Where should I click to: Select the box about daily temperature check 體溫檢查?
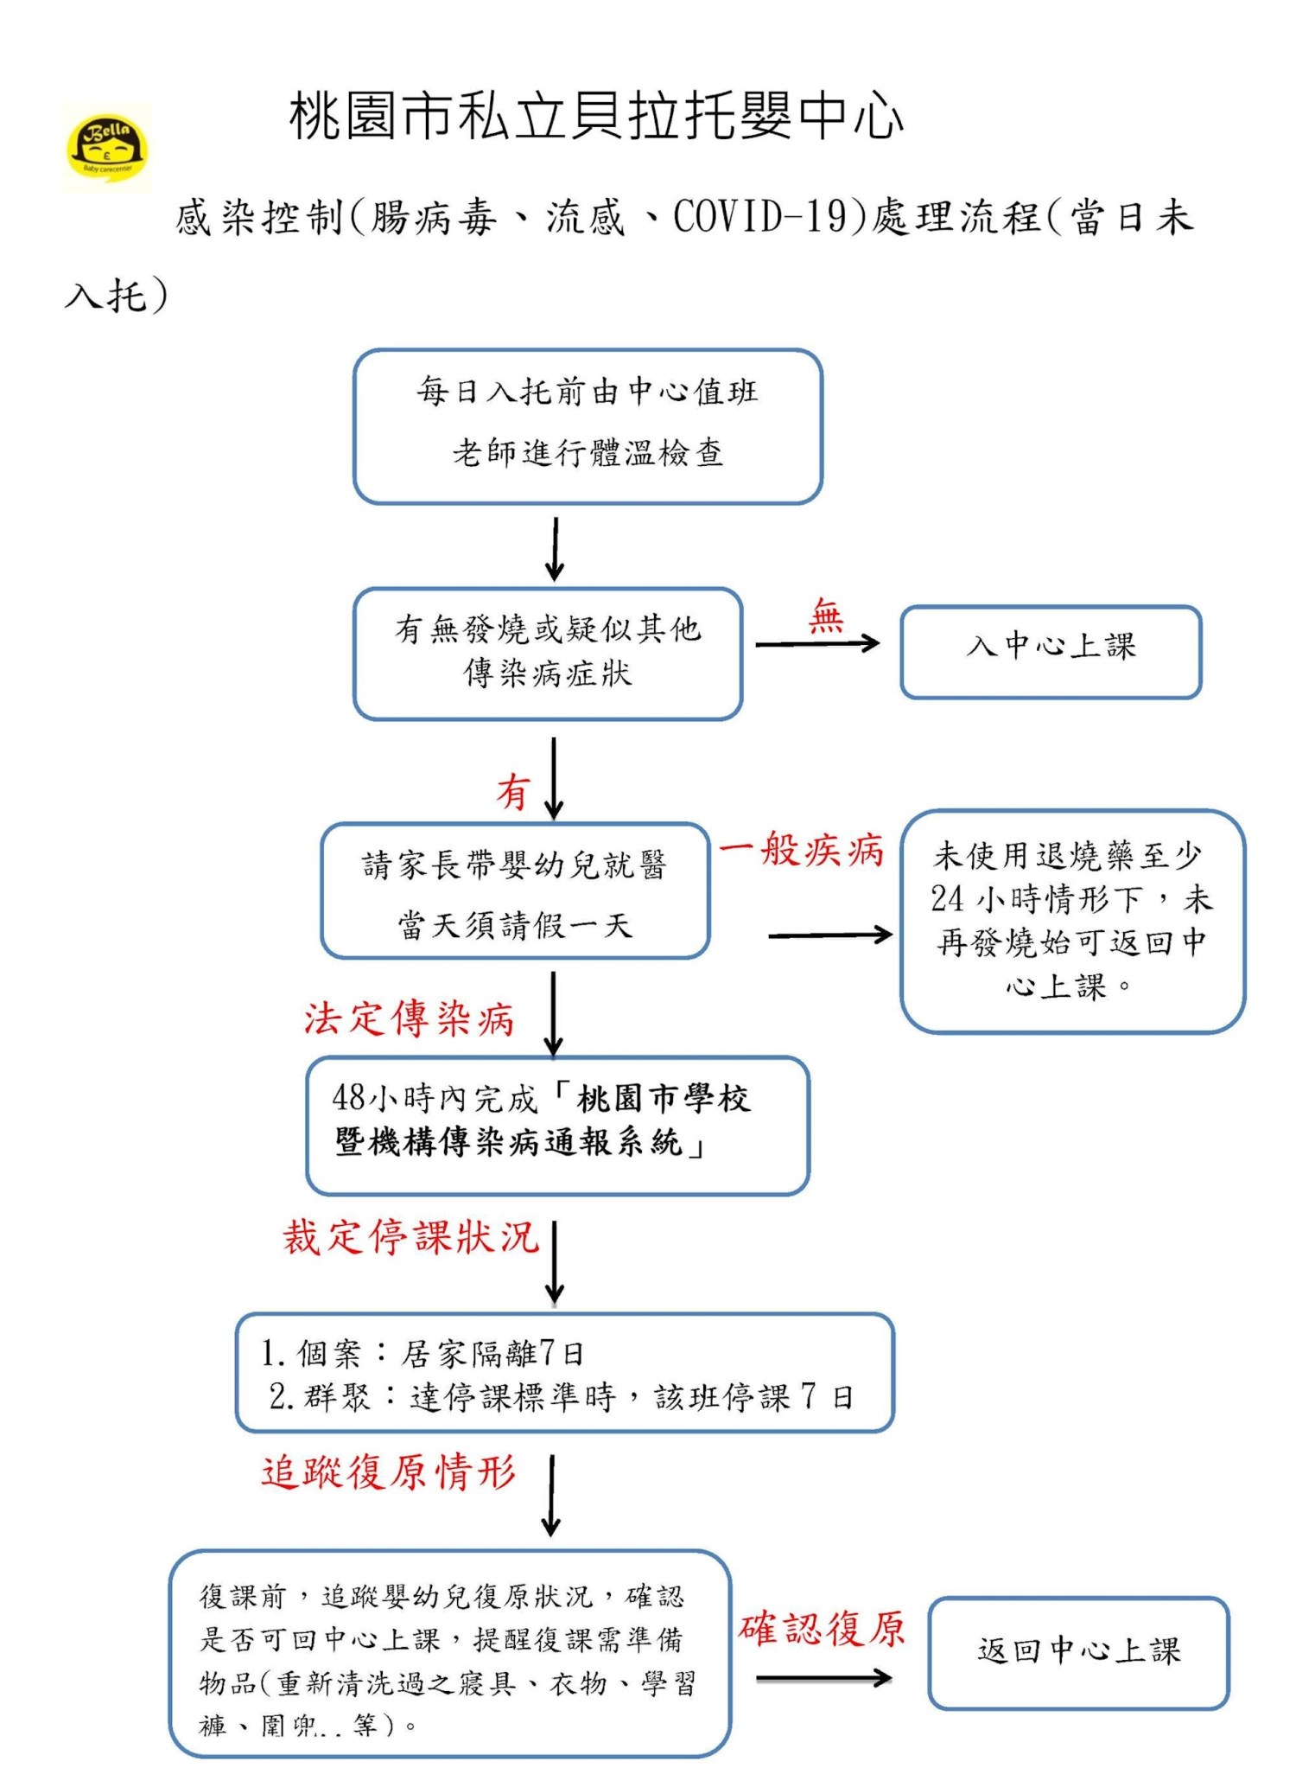pos(588,426)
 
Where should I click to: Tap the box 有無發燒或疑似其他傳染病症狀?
pos(548,653)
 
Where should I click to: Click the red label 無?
pos(826,617)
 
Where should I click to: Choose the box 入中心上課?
pos(1051,652)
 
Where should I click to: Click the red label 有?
pos(513,791)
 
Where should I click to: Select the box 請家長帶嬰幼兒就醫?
pos(515,890)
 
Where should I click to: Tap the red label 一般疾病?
pos(802,851)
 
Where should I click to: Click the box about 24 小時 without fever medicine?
pos(1072,921)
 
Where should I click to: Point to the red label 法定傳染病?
pos(410,1018)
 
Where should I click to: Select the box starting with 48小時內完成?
pos(557,1125)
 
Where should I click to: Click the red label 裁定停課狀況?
pos(411,1237)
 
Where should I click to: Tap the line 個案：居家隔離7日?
pos(423,1353)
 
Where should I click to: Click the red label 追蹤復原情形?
pos(390,1471)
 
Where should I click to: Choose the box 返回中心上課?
pos(1078,1652)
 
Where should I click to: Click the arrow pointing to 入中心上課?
pos(817,643)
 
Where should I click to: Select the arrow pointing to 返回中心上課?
pos(823,1678)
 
